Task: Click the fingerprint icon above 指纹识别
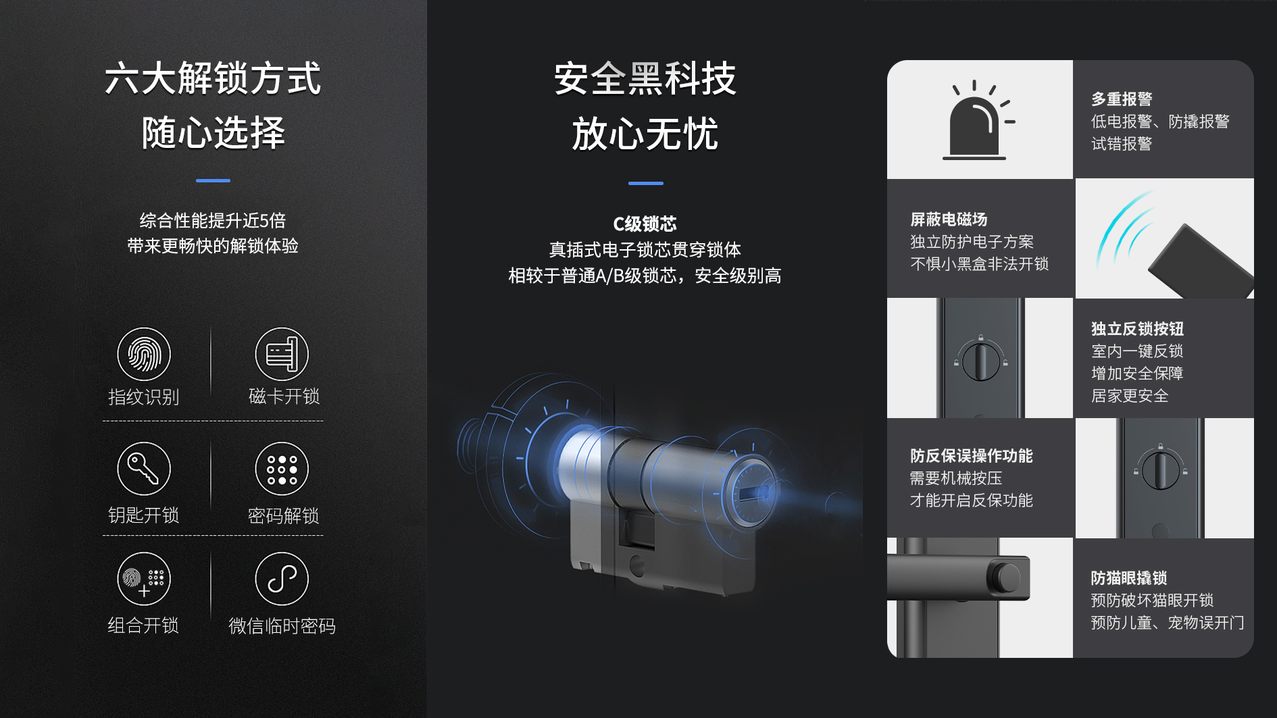pos(144,354)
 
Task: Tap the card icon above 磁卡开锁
pos(282,354)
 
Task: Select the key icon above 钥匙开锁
pos(144,469)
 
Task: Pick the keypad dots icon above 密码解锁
pos(282,469)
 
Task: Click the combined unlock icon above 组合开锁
pos(144,579)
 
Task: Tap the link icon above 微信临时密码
pos(282,579)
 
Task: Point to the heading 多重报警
pos(1122,99)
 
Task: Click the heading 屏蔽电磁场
pos(949,220)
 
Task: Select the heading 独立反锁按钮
pos(1137,329)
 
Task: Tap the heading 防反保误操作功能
pos(971,456)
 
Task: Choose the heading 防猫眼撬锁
pos(1129,578)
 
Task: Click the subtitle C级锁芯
pos(645,224)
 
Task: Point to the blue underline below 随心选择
pos(213,180)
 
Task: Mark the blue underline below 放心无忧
pos(645,183)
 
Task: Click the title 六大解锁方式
pos(213,78)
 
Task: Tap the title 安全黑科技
pos(645,78)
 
